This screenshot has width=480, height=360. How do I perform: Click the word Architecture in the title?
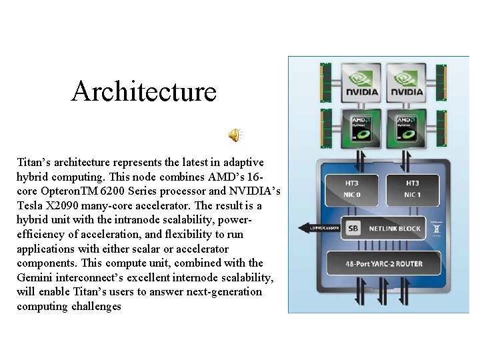coord(144,91)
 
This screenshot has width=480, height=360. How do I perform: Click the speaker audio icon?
coord(235,135)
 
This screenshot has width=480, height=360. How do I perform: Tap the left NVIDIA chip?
coord(361,83)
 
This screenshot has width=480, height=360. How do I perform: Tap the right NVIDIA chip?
coord(406,83)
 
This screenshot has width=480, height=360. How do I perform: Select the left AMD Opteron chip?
coord(361,127)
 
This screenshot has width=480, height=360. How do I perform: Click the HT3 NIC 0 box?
coord(351,189)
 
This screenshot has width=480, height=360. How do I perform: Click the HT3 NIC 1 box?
coord(412,189)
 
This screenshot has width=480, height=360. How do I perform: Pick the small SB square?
coord(353,229)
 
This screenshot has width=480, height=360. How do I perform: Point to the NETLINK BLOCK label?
coord(395,229)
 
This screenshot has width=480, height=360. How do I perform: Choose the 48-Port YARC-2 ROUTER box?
coord(383,263)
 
